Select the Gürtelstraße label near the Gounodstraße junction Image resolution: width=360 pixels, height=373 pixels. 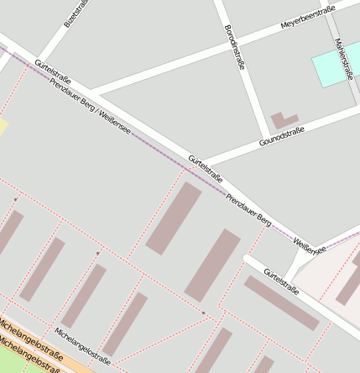coord(205,168)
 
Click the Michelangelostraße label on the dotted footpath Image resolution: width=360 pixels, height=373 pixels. coord(82,345)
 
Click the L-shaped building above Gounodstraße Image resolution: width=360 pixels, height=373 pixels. coord(283,121)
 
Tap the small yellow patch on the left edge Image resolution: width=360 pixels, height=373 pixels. coord(3,127)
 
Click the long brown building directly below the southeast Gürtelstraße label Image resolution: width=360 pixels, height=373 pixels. coord(281,303)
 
